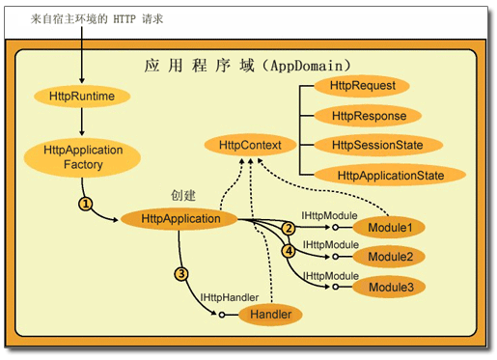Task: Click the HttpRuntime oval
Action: tap(81, 97)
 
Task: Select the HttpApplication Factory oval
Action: tap(83, 158)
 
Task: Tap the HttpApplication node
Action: tap(181, 219)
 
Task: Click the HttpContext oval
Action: tap(250, 145)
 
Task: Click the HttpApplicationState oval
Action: tap(390, 175)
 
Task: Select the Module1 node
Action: tap(390, 228)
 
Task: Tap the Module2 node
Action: tap(390, 258)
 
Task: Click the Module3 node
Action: tap(390, 287)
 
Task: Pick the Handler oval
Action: tap(271, 314)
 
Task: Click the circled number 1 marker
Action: tap(86, 204)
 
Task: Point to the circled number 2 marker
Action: tap(288, 228)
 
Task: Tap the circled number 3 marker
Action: tap(180, 273)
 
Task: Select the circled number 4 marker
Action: tap(288, 251)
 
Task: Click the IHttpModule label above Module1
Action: tap(330, 214)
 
